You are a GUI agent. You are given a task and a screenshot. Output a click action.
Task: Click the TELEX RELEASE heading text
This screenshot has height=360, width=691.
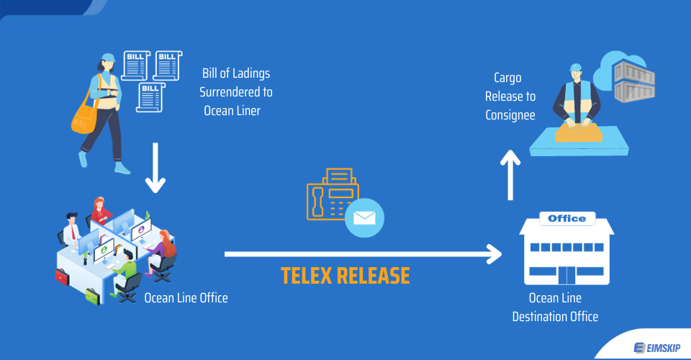(x=345, y=276)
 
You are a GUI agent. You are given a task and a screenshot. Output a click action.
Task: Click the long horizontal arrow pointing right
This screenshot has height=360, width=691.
(x=363, y=253)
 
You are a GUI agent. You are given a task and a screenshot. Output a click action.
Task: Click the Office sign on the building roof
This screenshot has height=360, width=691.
(x=566, y=218)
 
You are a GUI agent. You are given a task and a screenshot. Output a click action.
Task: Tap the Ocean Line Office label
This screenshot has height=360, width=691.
(x=186, y=297)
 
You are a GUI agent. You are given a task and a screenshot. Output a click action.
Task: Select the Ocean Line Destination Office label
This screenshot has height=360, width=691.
(x=555, y=307)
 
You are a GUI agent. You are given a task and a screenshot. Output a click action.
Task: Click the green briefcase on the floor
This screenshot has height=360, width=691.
(x=92, y=294)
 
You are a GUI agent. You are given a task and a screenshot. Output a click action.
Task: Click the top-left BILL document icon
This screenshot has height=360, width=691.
(x=135, y=65)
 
